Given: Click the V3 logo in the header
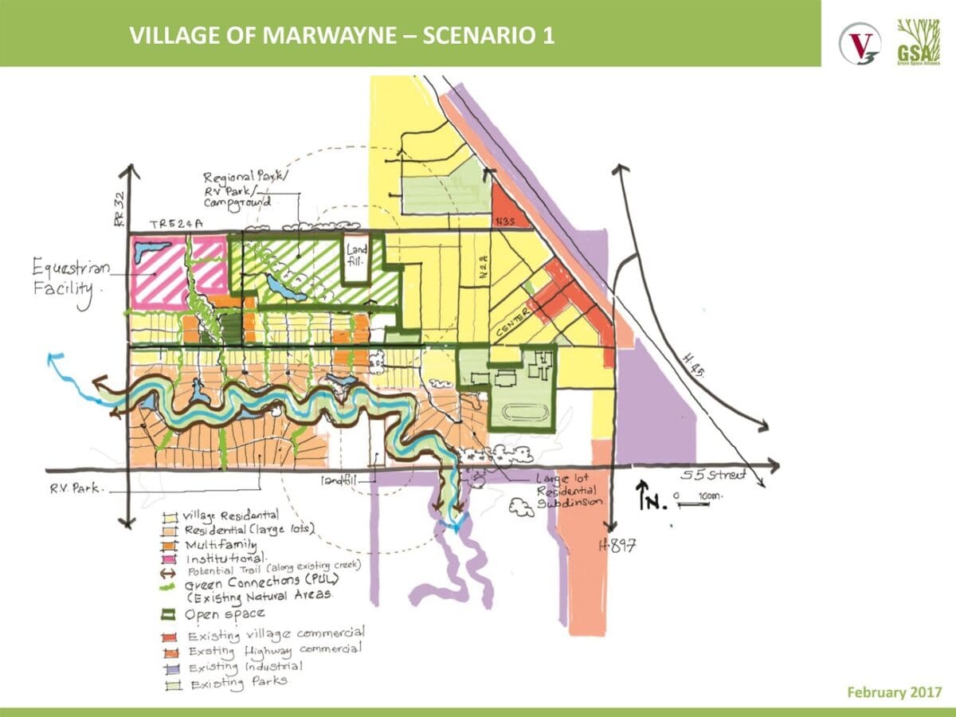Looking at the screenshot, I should (x=860, y=40).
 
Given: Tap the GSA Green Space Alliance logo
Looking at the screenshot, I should (x=915, y=40).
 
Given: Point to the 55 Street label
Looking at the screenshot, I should (x=714, y=476).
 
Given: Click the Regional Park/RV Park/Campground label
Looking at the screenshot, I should (x=238, y=190).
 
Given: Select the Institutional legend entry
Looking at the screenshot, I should (x=224, y=560).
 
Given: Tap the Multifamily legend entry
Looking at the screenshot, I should (x=220, y=546).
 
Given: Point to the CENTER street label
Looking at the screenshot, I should (x=512, y=323).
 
